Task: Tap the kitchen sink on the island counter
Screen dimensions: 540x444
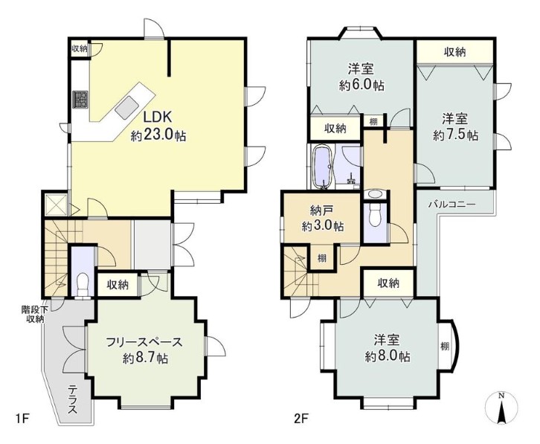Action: pos(127,107)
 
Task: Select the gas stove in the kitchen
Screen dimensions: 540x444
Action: pos(80,100)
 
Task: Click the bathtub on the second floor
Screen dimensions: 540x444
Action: pos(323,167)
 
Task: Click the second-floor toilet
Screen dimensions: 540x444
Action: pos(374,216)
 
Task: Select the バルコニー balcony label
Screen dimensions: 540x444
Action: pos(451,205)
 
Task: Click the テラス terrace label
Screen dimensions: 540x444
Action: pos(72,399)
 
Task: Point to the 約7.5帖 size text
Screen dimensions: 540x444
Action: pos(455,135)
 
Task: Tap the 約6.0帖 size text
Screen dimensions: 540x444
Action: pos(361,85)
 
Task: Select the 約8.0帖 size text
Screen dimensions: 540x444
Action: pos(388,356)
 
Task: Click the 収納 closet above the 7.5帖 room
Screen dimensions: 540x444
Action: pos(454,52)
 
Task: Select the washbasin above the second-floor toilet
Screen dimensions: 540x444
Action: pos(374,194)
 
